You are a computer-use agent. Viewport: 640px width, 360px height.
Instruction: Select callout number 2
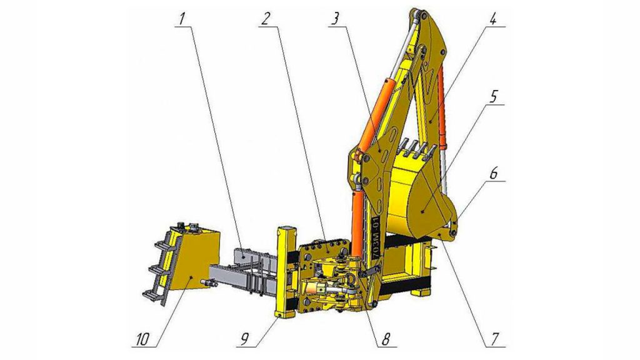pyautogui.click(x=265, y=19)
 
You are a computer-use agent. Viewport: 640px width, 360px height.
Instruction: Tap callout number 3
pyautogui.click(x=335, y=19)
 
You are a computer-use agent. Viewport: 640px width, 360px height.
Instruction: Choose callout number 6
pyautogui.click(x=493, y=173)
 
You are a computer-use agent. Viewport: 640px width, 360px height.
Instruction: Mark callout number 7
pyautogui.click(x=495, y=338)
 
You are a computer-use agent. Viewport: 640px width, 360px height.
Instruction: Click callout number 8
pyautogui.click(x=386, y=338)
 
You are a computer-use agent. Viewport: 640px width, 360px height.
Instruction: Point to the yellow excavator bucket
pyautogui.click(x=421, y=189)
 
